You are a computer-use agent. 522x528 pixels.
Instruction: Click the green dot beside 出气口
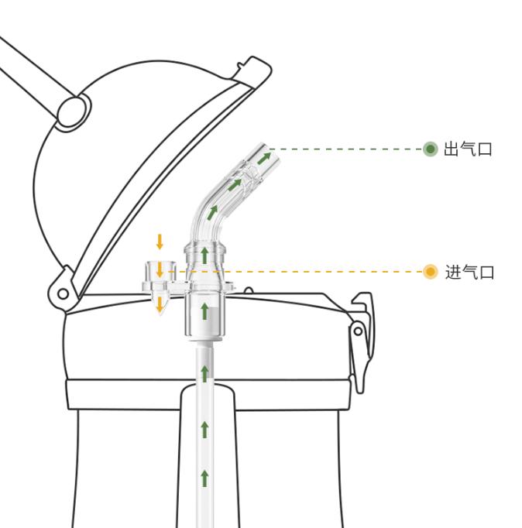click(430, 149)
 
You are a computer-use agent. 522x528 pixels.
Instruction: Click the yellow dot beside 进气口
click(430, 272)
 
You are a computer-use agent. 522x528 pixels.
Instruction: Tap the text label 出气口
click(468, 149)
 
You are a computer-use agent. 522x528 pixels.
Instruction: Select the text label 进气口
click(469, 272)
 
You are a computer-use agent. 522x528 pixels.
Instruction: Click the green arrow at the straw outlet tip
click(264, 158)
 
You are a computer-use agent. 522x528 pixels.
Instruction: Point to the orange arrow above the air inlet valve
click(160, 242)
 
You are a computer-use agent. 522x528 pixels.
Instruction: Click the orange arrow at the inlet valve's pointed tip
click(160, 304)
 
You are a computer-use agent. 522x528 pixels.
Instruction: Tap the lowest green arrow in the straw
click(204, 478)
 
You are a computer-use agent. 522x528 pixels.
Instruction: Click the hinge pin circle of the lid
click(63, 294)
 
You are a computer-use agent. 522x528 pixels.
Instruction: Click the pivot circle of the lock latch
click(358, 331)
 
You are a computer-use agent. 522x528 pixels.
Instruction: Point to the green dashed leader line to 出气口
click(346, 149)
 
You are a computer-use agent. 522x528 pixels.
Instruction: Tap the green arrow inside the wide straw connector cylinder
click(204, 311)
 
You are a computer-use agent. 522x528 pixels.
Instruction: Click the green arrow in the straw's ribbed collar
click(204, 256)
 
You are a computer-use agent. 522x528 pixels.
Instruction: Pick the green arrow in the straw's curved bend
click(212, 213)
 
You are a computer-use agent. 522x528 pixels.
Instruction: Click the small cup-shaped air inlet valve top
click(160, 271)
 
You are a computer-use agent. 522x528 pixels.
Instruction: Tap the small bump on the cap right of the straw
click(249, 290)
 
